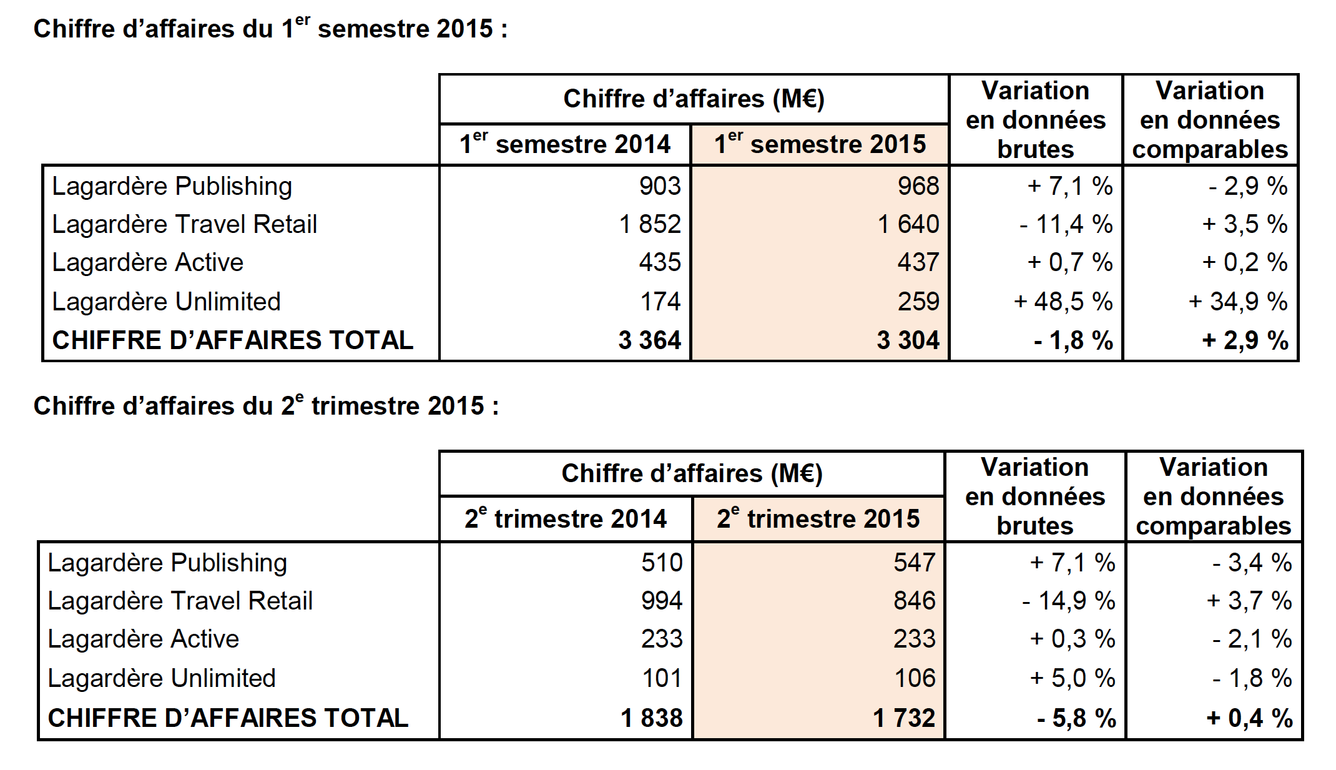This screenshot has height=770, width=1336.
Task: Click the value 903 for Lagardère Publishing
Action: point(659,186)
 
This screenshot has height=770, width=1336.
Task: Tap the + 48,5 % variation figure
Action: point(1063,302)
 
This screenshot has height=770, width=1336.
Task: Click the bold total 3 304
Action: point(908,340)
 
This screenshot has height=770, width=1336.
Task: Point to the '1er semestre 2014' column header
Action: point(564,144)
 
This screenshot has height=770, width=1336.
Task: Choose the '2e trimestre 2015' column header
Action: point(818,519)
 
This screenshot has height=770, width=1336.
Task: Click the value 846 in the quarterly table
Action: point(914,601)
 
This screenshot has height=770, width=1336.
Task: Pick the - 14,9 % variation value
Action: point(1068,601)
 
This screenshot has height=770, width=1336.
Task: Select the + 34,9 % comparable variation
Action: point(1237,302)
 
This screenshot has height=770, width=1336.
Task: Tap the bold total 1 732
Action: point(904,718)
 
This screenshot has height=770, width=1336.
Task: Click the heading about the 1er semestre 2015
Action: point(270,29)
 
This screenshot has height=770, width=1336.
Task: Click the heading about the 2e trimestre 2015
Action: point(266,406)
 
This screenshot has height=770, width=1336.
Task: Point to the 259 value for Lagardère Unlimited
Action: point(918,302)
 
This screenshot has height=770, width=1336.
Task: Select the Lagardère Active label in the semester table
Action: point(147,262)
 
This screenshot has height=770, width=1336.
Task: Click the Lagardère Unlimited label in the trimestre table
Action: point(161,678)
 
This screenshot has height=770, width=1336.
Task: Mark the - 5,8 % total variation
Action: point(1076,718)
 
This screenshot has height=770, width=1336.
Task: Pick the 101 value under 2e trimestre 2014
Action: point(662,678)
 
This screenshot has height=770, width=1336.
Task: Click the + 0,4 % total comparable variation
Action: point(1249,718)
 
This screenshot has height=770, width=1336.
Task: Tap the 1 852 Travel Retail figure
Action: point(649,224)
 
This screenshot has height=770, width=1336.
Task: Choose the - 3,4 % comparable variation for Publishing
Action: point(1252,563)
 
